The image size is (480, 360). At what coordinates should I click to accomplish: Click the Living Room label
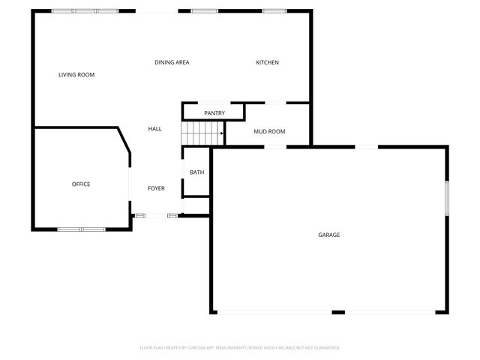point(76,74)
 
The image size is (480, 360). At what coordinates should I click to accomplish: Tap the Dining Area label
point(172,62)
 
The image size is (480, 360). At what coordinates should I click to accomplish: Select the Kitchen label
point(268,62)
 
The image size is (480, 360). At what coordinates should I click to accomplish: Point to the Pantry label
point(214,113)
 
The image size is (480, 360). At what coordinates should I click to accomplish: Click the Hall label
point(154,129)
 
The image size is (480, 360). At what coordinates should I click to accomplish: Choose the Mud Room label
point(269,132)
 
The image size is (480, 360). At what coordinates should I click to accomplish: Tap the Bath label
point(196,172)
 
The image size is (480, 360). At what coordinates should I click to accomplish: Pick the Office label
point(81,184)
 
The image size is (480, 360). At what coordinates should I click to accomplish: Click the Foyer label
point(156,188)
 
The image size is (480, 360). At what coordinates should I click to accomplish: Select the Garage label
point(329,235)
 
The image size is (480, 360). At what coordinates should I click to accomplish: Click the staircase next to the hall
point(202,135)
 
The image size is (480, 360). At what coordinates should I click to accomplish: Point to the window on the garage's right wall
point(446,198)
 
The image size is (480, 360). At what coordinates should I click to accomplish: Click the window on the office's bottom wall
point(81,229)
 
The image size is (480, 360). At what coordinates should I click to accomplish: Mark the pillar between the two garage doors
point(338,312)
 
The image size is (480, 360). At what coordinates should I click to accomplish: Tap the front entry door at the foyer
point(156,216)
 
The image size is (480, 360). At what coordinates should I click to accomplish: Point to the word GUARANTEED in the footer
point(326,348)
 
